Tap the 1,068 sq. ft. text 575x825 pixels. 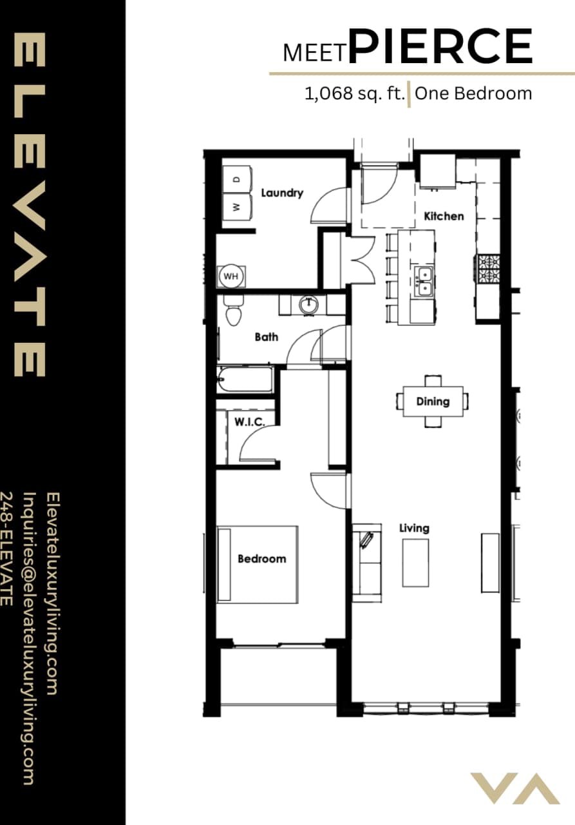pos(355,93)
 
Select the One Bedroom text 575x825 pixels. pos(473,93)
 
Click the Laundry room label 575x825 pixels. pos(281,193)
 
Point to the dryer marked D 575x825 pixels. pos(236,179)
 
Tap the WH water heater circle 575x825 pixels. pos(231,277)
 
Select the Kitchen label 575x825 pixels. pos(444,216)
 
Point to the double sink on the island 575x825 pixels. pos(423,282)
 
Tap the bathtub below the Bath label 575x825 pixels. pos(245,380)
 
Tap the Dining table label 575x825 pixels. pos(432,402)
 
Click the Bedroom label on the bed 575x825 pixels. pos(261,559)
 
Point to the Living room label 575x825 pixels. pos(414,528)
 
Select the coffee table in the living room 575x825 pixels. pos(415,563)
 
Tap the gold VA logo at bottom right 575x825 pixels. pos(514,788)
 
